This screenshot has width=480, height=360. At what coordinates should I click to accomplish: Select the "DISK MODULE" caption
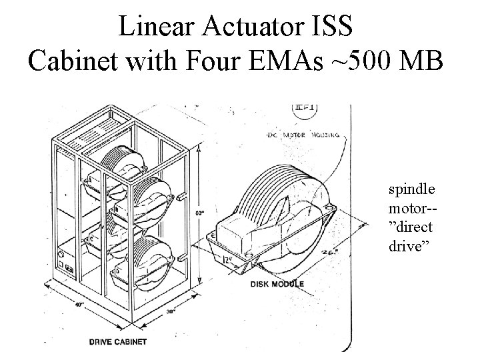click(277, 284)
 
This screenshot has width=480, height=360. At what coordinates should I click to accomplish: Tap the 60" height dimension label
click(199, 213)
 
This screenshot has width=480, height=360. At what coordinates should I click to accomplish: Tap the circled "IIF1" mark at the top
click(304, 109)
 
